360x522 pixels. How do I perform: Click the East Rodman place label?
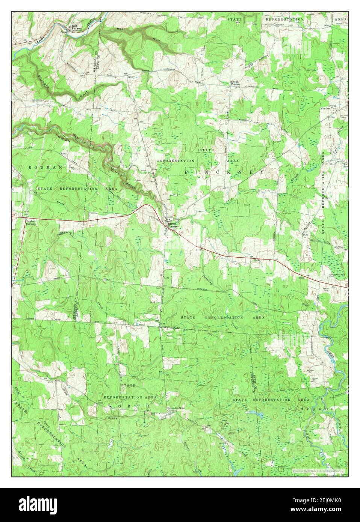(x=77, y=28)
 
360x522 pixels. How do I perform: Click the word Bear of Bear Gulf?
(x=120, y=29)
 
